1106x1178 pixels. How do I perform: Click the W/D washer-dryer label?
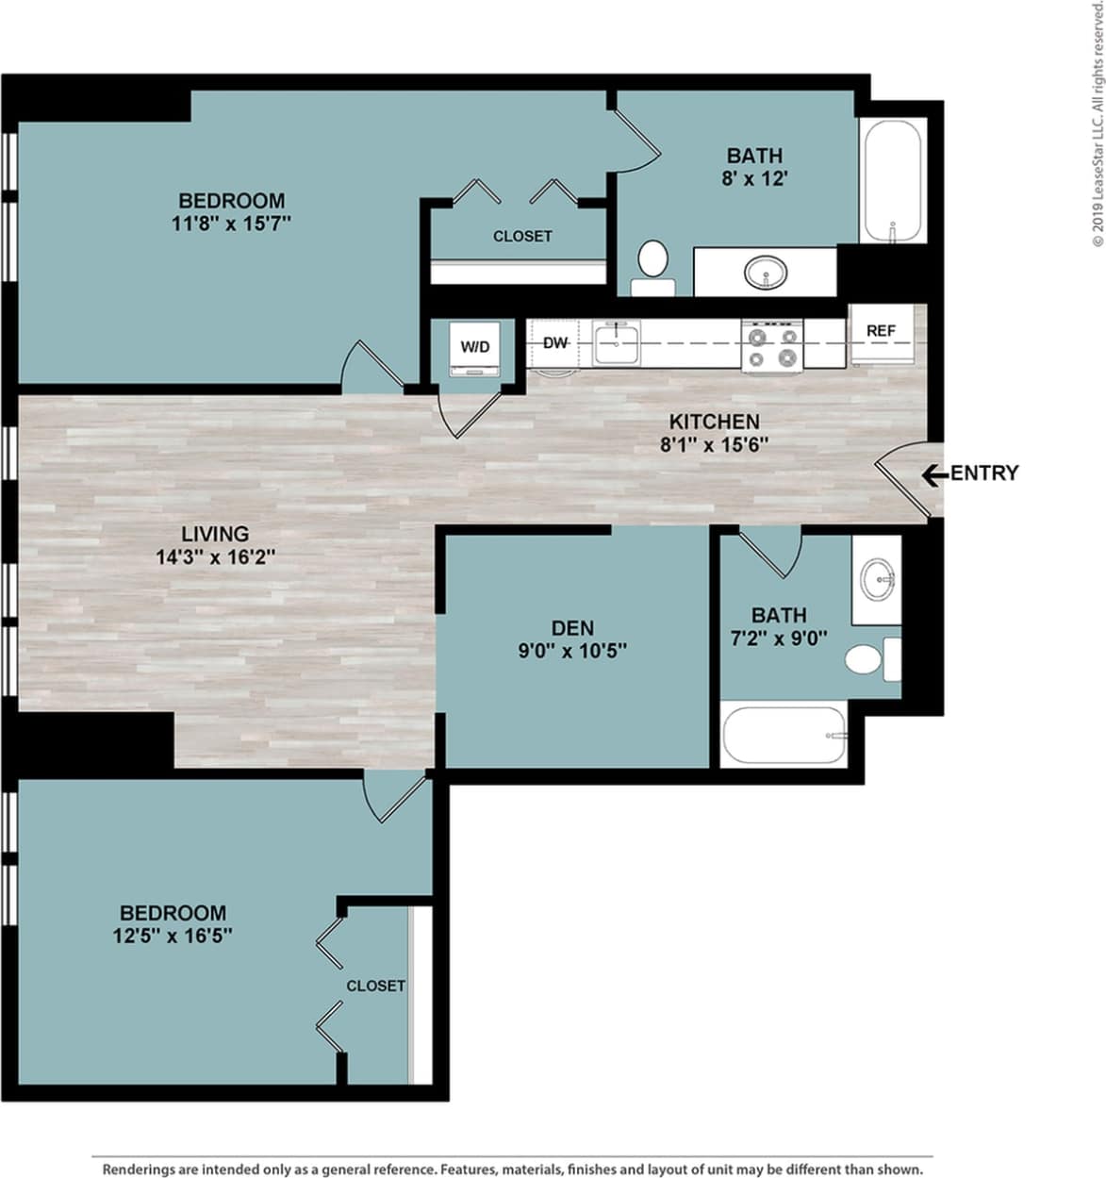pos(475,347)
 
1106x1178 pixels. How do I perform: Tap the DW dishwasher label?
pos(555,343)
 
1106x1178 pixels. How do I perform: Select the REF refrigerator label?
pos(881,331)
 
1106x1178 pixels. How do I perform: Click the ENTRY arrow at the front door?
pos(934,474)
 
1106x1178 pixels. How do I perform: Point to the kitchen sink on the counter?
pos(616,341)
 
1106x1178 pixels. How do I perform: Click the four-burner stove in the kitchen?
pos(772,345)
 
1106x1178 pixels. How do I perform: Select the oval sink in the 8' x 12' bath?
pos(766,274)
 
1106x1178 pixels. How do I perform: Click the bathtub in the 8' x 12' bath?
pos(891,181)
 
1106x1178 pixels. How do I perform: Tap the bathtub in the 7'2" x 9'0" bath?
pos(784,735)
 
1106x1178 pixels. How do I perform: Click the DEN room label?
pos(572,627)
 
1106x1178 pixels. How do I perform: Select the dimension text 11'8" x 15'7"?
pos(231,224)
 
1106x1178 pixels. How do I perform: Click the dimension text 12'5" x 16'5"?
pos(173,936)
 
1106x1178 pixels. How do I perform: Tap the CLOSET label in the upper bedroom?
pos(522,236)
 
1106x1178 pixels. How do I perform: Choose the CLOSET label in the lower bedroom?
pos(375,986)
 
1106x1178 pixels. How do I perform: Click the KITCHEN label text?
pos(714,422)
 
